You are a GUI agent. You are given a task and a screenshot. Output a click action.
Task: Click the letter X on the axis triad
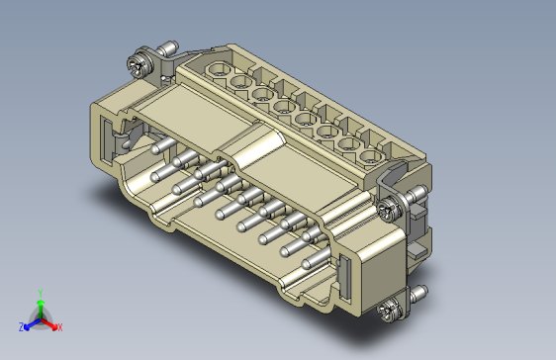[60, 327]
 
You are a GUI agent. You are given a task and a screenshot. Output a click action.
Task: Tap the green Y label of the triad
[41, 293]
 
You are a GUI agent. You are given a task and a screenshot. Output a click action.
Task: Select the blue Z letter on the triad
[22, 327]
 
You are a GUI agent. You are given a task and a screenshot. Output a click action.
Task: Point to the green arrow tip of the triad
[41, 303]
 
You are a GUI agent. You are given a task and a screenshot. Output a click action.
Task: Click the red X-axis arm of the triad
[48, 323]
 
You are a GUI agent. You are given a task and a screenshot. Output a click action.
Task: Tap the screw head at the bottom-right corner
[390, 312]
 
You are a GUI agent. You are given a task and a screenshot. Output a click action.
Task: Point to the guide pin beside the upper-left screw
[168, 47]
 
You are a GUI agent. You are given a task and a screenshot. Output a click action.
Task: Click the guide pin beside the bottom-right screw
[418, 293]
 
